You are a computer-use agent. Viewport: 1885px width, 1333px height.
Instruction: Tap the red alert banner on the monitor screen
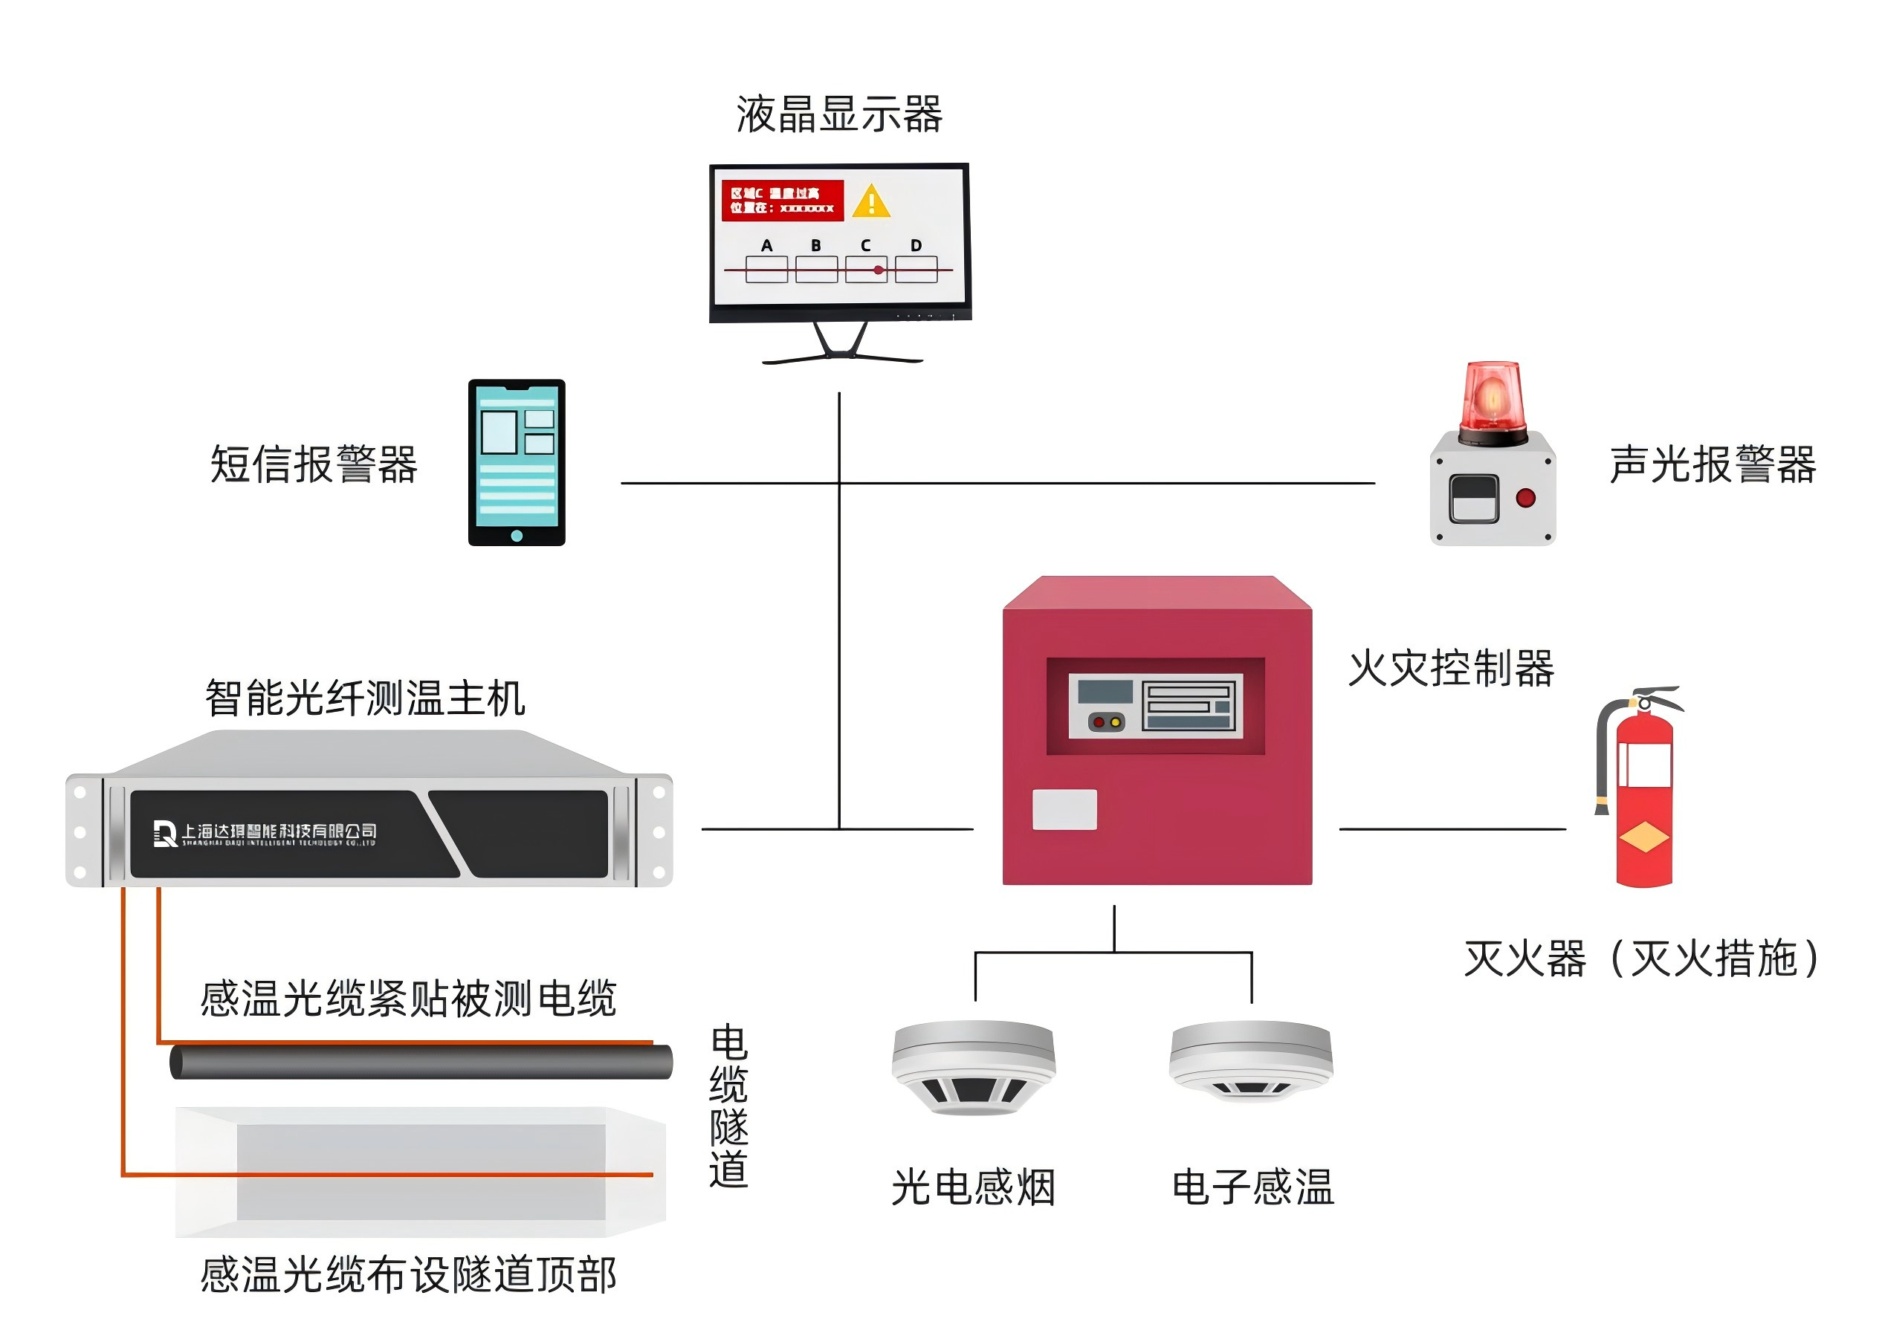click(x=782, y=201)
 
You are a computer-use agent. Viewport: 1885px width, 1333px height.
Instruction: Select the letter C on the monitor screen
click(x=865, y=245)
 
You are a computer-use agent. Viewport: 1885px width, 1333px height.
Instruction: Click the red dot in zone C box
click(x=879, y=270)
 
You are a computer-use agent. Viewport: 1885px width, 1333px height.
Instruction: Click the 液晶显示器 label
click(x=839, y=115)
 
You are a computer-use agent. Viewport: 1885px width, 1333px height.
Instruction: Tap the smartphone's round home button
click(x=517, y=536)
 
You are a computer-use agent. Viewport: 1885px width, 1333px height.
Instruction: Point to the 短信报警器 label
click(x=314, y=464)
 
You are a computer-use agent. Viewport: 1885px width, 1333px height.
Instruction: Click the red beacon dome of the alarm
click(x=1492, y=398)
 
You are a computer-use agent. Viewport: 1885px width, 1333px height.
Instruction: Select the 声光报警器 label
click(x=1713, y=464)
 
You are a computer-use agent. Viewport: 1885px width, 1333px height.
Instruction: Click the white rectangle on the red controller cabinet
click(x=1064, y=809)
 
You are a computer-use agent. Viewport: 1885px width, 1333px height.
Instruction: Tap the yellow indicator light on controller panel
click(x=1115, y=722)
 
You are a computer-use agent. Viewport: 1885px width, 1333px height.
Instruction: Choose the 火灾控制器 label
click(x=1452, y=668)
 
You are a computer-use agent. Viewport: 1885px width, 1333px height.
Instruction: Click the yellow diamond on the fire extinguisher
click(x=1643, y=838)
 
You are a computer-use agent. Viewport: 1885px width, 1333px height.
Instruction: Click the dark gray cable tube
click(x=421, y=1062)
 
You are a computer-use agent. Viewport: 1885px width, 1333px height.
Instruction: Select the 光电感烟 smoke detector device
click(x=974, y=1067)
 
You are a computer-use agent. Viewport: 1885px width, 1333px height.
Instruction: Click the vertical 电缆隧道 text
click(x=728, y=1106)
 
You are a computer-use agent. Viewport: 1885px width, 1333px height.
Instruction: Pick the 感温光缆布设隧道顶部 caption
click(x=408, y=1275)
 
